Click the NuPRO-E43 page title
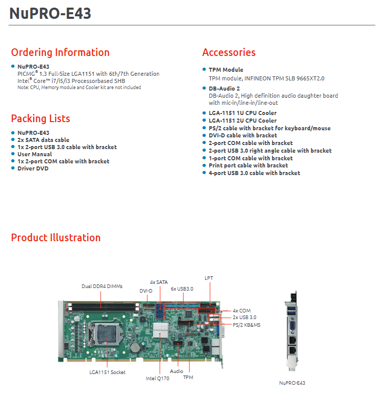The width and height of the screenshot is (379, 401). coord(50,13)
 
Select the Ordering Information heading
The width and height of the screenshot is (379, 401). coord(60,52)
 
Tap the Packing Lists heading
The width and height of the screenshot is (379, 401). coord(40,119)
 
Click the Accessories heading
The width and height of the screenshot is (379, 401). coord(229,52)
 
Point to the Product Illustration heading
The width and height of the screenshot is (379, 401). coord(56,238)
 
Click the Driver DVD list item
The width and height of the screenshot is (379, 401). coord(33,168)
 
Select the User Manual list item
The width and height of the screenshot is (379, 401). coord(35,154)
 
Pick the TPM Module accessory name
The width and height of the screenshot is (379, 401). coord(226,70)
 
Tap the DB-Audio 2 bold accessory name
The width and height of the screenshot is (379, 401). coord(224,89)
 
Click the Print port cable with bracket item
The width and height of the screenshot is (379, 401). coord(248,165)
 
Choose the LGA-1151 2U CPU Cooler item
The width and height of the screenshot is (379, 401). coord(243,121)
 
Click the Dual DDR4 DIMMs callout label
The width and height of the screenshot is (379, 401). coord(102,287)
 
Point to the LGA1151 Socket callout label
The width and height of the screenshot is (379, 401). coord(108,373)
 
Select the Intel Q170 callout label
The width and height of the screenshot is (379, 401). coord(158,379)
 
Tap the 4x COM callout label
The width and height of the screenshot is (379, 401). coord(242,311)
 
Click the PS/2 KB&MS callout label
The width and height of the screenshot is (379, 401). coord(246,325)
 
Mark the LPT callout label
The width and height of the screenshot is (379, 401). coord(209,278)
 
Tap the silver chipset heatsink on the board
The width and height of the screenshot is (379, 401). coord(161,330)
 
